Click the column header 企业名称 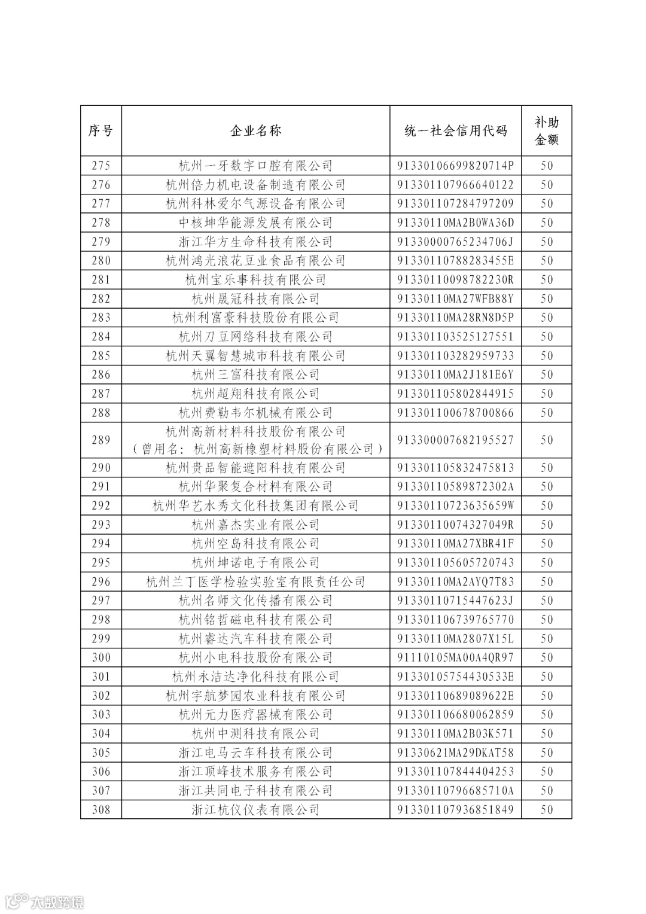(255, 131)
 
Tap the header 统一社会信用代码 (455, 131)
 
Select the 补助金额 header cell (546, 131)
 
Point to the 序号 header (100, 131)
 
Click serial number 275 (100, 166)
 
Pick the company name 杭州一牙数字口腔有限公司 (255, 166)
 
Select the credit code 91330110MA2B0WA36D (455, 223)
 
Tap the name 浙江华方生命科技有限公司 (255, 242)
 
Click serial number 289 (100, 440)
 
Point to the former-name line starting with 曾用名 (255, 449)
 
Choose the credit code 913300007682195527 (455, 440)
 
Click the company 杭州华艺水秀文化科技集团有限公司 (255, 505)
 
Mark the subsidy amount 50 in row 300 (546, 657)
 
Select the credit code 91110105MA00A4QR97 (455, 657)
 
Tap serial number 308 (100, 809)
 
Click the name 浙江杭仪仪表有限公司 (255, 809)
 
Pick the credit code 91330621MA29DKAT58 (455, 752)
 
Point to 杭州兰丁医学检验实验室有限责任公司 (255, 581)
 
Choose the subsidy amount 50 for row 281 (546, 279)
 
